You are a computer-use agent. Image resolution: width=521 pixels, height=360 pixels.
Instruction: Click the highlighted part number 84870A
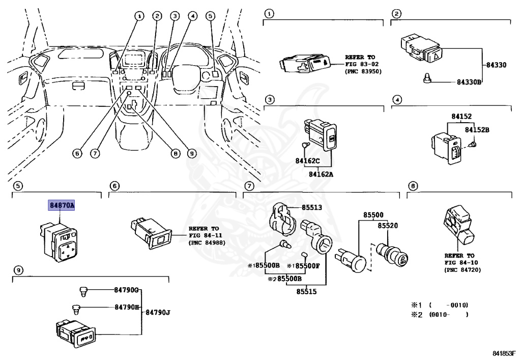[62, 206]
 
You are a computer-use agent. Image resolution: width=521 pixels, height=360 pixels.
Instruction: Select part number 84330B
[469, 82]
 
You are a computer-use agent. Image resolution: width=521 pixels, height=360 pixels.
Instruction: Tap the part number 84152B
[476, 130]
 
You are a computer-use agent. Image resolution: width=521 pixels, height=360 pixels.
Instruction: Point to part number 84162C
[308, 161]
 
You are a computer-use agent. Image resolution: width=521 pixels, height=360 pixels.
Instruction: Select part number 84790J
[157, 312]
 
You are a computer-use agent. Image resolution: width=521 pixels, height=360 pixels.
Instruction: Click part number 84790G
[127, 291]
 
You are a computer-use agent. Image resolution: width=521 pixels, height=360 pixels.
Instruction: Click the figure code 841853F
[504, 353]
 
